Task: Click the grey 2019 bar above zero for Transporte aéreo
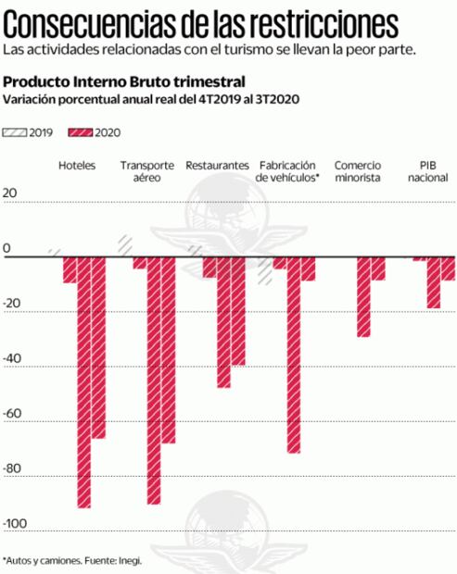(x=124, y=244)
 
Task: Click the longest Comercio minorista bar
(x=363, y=295)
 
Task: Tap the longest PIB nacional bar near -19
(x=433, y=281)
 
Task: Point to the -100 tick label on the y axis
(x=15, y=525)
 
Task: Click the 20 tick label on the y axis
(x=11, y=193)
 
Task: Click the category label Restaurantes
(x=217, y=165)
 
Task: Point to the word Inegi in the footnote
(x=129, y=560)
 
